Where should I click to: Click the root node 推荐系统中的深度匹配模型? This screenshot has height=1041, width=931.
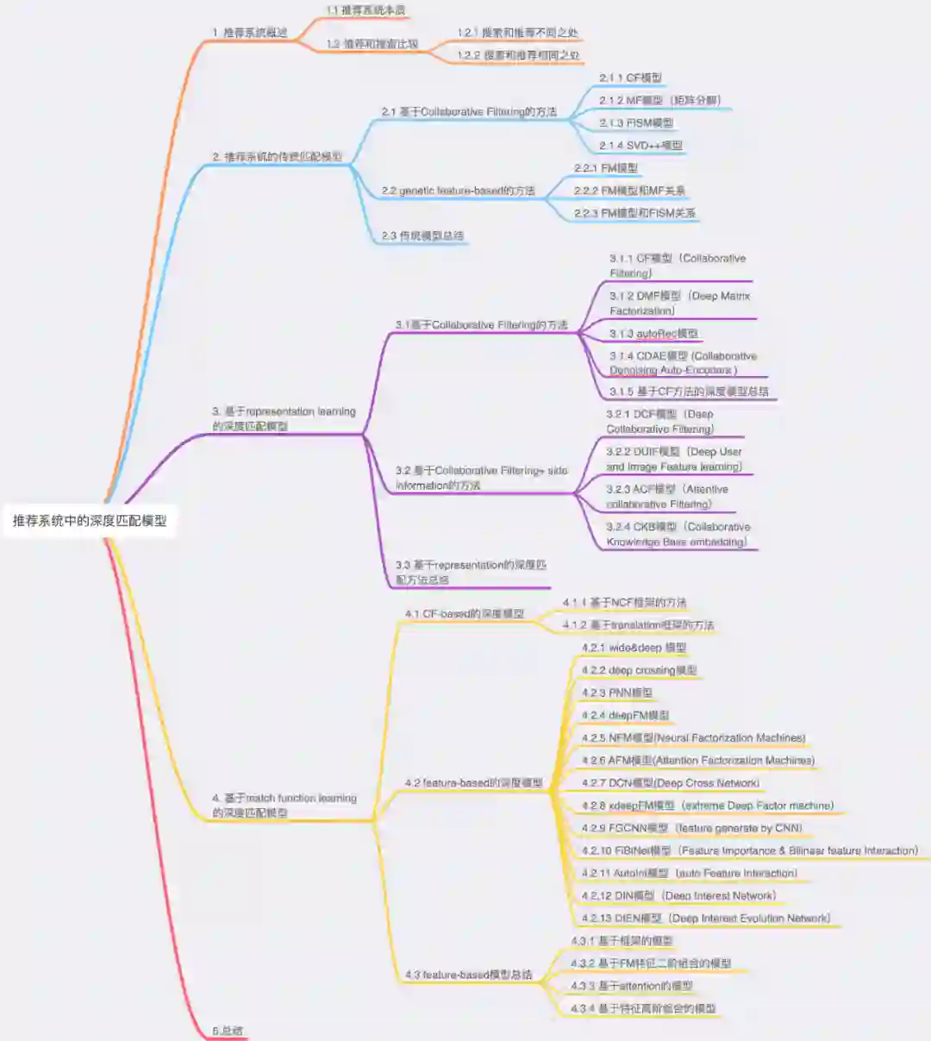tap(90, 521)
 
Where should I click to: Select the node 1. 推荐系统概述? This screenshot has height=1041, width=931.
tap(250, 33)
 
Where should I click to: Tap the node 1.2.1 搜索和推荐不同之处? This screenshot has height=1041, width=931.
tap(517, 33)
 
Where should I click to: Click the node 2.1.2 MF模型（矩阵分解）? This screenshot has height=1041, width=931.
tap(659, 100)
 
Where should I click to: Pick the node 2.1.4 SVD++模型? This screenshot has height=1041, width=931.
tap(640, 146)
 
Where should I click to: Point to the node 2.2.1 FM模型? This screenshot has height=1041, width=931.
tap(606, 168)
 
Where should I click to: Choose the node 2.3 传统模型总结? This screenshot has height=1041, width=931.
tap(422, 235)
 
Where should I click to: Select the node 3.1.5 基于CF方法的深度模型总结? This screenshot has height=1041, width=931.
tap(688, 392)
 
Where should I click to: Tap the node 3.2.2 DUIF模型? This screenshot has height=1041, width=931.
tap(673, 459)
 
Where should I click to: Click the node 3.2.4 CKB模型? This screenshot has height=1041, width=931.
tap(678, 534)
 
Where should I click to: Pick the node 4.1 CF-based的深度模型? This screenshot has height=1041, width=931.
tap(464, 614)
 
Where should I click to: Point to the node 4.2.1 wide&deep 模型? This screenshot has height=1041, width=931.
tap(634, 648)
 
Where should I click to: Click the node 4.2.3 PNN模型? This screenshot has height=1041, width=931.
tap(616, 693)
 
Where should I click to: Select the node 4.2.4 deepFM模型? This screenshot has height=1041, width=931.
tap(625, 715)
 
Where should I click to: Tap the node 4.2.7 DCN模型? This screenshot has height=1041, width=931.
tap(670, 783)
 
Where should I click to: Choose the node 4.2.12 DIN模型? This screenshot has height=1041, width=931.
tap(678, 895)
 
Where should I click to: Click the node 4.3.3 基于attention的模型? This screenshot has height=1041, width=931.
tap(631, 986)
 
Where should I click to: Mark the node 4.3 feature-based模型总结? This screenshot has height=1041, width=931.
tap(468, 975)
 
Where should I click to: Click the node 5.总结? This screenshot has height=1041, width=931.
tap(228, 1031)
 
